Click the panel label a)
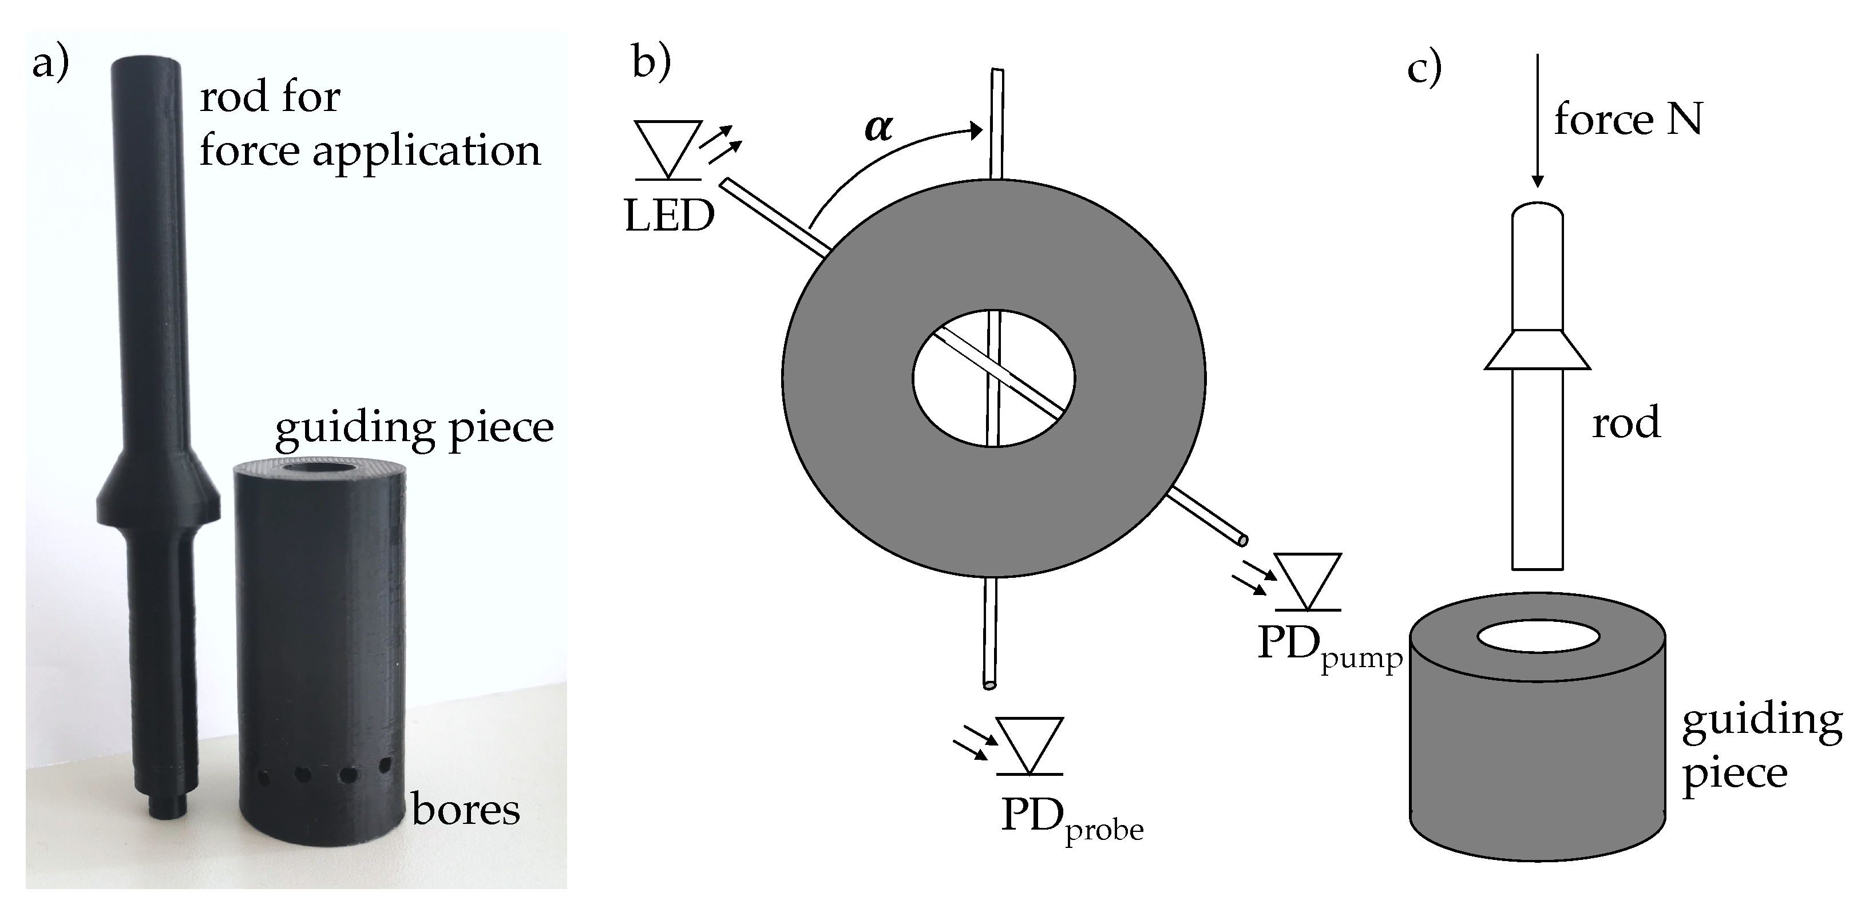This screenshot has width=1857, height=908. pos(50,64)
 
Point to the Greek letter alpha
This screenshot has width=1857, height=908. pos(878,128)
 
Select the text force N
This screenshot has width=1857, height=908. pos(1628,120)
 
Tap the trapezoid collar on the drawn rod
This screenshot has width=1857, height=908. pos(1537,350)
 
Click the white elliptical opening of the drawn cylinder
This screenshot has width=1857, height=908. pos(1538,636)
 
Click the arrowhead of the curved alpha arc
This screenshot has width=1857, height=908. pos(976,130)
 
